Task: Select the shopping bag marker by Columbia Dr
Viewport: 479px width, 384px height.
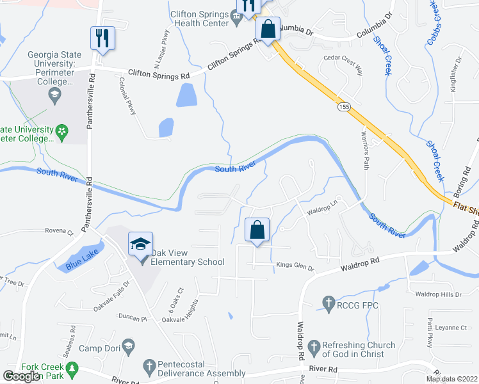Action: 268,29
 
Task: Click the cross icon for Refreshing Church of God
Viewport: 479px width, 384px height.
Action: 314,348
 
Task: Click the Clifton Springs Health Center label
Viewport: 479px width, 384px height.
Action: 199,19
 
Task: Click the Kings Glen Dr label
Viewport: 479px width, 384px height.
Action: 295,266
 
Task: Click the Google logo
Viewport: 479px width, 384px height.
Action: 22,376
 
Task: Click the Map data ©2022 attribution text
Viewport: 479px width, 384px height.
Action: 451,379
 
